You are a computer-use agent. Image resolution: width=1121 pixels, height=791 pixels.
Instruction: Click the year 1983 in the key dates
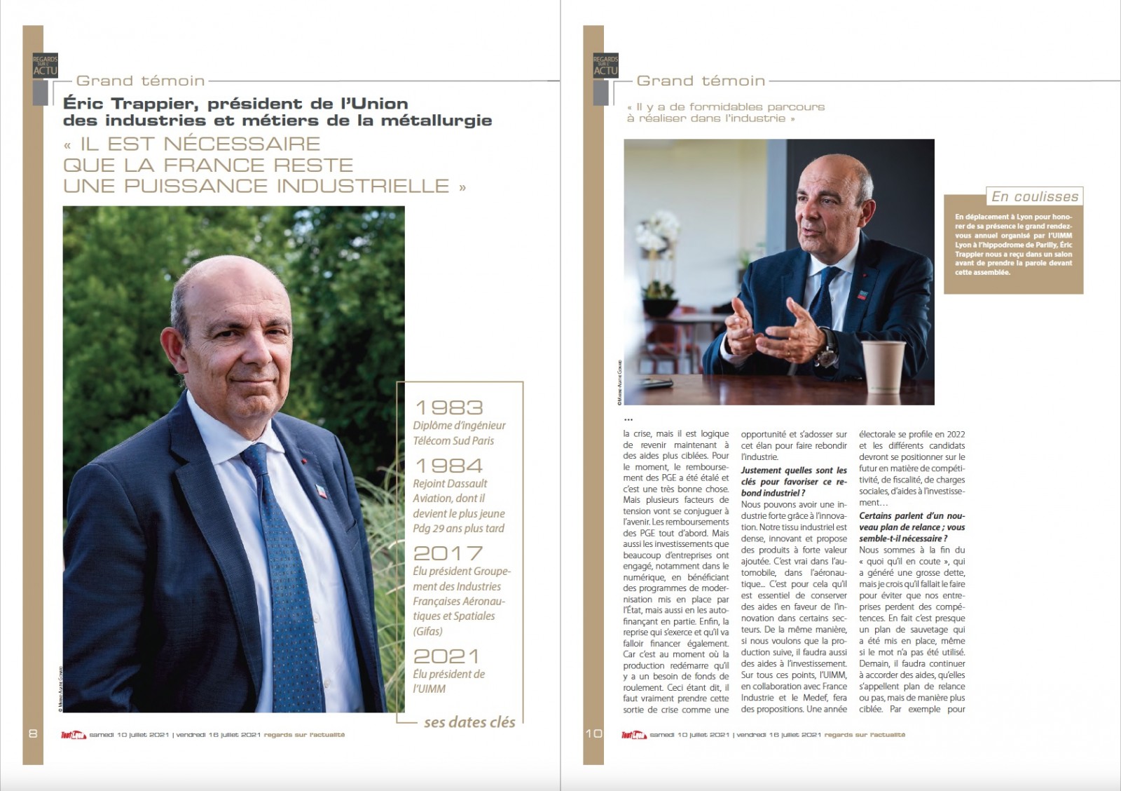tap(448, 407)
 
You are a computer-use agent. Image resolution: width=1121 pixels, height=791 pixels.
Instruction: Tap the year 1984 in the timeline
tap(448, 466)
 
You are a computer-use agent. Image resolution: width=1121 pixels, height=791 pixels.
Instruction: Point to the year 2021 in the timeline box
tap(446, 656)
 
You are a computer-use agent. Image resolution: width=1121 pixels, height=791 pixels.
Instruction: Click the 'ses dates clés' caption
tap(469, 722)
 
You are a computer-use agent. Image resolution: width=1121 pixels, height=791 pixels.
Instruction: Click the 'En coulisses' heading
tap(1035, 196)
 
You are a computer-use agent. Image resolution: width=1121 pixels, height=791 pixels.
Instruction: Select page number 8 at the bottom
tap(33, 733)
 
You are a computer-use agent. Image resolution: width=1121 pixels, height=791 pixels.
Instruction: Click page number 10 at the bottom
tap(593, 733)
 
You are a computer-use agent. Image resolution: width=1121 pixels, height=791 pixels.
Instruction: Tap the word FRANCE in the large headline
tap(214, 165)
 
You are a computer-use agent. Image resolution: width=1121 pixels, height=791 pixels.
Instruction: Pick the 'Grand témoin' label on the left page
tap(140, 81)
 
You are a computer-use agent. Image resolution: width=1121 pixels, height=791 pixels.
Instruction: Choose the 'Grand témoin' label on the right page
tap(701, 81)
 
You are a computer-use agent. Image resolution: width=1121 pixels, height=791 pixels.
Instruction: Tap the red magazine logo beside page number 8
tap(74, 735)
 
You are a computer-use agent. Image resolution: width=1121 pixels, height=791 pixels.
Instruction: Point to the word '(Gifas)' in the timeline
tap(428, 630)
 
